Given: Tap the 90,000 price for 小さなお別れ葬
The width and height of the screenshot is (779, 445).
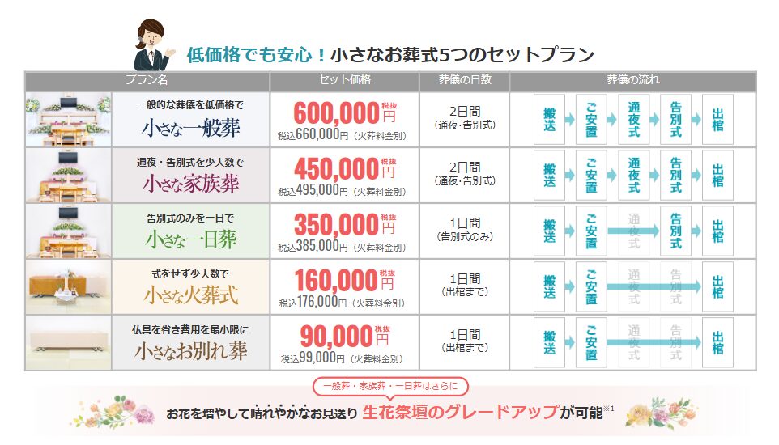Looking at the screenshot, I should pos(336,335).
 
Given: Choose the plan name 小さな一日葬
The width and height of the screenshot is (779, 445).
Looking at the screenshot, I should pos(191,239).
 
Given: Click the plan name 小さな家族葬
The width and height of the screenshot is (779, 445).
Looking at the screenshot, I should pos(191,184).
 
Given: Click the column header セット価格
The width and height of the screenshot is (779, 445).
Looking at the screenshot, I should pos(344,80).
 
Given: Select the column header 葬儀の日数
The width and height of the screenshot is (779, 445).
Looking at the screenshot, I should pos(465,80).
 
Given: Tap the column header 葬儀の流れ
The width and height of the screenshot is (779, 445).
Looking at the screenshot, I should pos(632,80).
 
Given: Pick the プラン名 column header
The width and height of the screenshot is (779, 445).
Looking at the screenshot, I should pos(147,80).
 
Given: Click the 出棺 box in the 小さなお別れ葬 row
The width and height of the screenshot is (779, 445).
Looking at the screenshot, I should pos(717,343).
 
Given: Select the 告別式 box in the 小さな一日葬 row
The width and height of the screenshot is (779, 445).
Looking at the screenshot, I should pos(676,231).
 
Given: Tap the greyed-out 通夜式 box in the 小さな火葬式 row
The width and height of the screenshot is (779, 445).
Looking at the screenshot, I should pos(634,287).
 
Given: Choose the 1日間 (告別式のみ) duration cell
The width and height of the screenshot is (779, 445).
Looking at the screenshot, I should pos(465,231).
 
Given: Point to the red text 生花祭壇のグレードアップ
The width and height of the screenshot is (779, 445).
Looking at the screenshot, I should pos(461,412).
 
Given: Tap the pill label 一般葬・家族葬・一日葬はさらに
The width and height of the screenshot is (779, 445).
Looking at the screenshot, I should pos(390,387).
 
